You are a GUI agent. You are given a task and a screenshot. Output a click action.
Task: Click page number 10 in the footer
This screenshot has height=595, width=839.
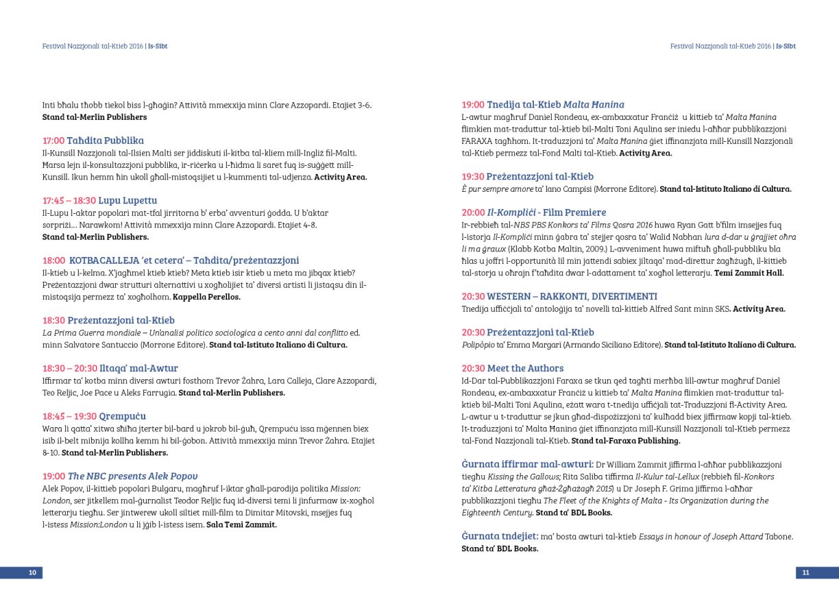[x=32, y=572]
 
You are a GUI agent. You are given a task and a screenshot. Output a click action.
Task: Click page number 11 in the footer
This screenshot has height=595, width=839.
[x=806, y=572]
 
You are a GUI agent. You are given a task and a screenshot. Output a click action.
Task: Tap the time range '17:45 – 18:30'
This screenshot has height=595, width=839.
[x=69, y=201]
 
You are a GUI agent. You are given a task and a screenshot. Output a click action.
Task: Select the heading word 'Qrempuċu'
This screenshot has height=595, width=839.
[x=122, y=416]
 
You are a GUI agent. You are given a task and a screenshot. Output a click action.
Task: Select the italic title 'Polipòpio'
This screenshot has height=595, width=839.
[x=480, y=345]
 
